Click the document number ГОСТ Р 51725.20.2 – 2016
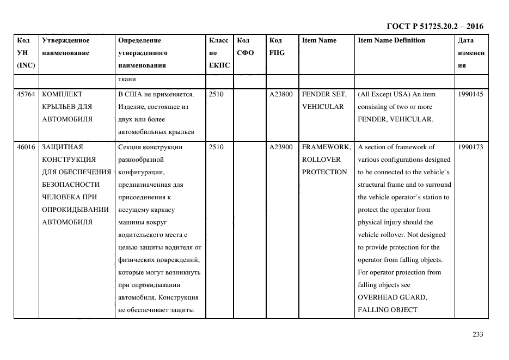coord(434,26)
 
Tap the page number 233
coord(477,335)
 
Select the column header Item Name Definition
coord(391,40)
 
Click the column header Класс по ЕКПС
coord(219,53)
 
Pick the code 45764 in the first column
coord(26,94)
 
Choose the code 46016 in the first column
coord(26,147)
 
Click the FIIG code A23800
coord(281,94)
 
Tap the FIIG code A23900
coord(281,147)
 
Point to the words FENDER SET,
coord(324,94)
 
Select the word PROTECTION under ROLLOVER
coord(324,172)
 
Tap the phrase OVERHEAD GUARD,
coord(392,297)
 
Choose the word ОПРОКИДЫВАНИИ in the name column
coord(75,210)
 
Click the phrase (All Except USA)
coord(384,94)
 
